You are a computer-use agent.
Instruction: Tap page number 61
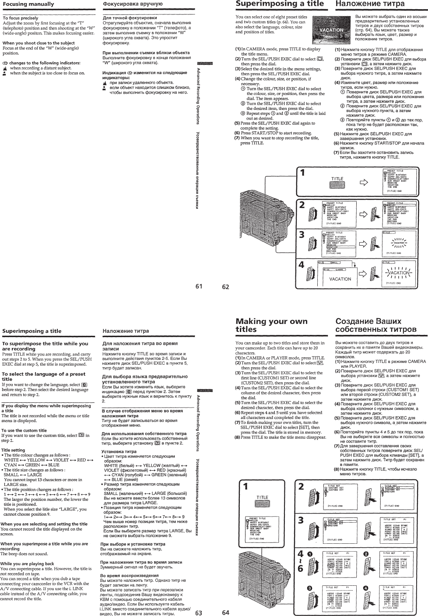click(200, 287)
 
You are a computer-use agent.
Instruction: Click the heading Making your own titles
click(271, 325)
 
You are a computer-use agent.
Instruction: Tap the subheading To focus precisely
click(21, 18)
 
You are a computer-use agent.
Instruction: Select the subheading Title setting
click(13, 450)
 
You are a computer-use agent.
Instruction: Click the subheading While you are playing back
click(28, 563)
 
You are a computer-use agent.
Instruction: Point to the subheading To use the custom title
click(24, 430)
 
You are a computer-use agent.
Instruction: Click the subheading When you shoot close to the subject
click(39, 43)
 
